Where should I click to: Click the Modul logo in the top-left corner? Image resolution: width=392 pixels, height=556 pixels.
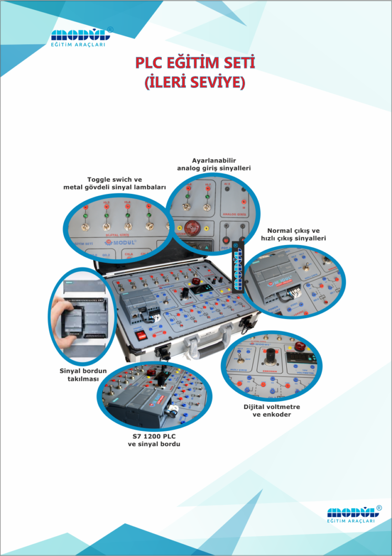(81, 38)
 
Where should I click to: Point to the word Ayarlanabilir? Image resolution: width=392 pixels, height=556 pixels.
(214, 160)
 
